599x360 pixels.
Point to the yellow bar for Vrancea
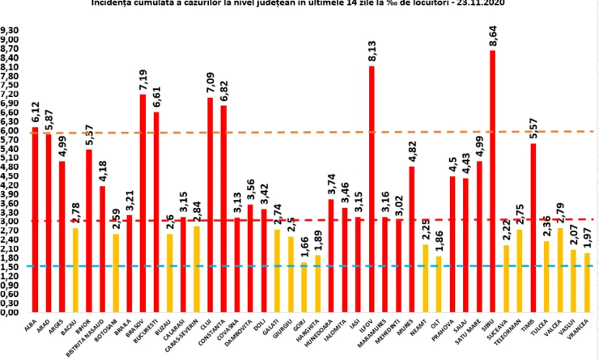click(x=586, y=283)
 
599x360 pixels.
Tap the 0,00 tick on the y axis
click(x=12, y=312)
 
